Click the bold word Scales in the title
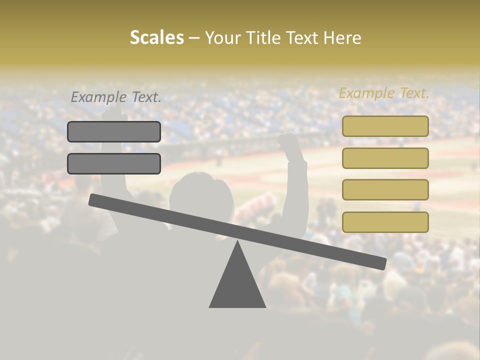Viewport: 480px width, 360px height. pos(156,38)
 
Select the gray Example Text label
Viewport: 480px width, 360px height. pos(116,97)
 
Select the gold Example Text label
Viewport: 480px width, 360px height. pos(384,93)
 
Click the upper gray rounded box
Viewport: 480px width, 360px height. pos(114,131)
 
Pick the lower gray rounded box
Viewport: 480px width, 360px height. pos(114,163)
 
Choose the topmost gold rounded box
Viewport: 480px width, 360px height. pos(385,126)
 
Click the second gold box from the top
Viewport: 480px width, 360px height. pos(385,158)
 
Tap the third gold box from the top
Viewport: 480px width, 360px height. pos(385,190)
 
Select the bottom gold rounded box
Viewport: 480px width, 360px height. pos(385,222)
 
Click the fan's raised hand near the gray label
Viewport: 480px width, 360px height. pos(114,112)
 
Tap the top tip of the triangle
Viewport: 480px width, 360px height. pos(237,241)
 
